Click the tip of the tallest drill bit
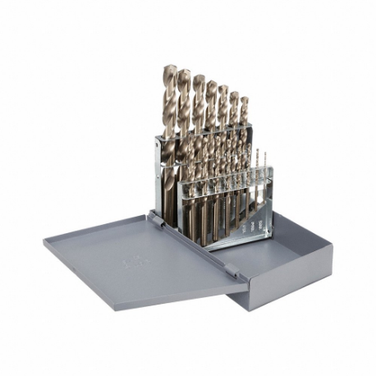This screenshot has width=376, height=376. (170, 68)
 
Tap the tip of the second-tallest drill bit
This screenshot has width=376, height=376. (184, 73)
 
